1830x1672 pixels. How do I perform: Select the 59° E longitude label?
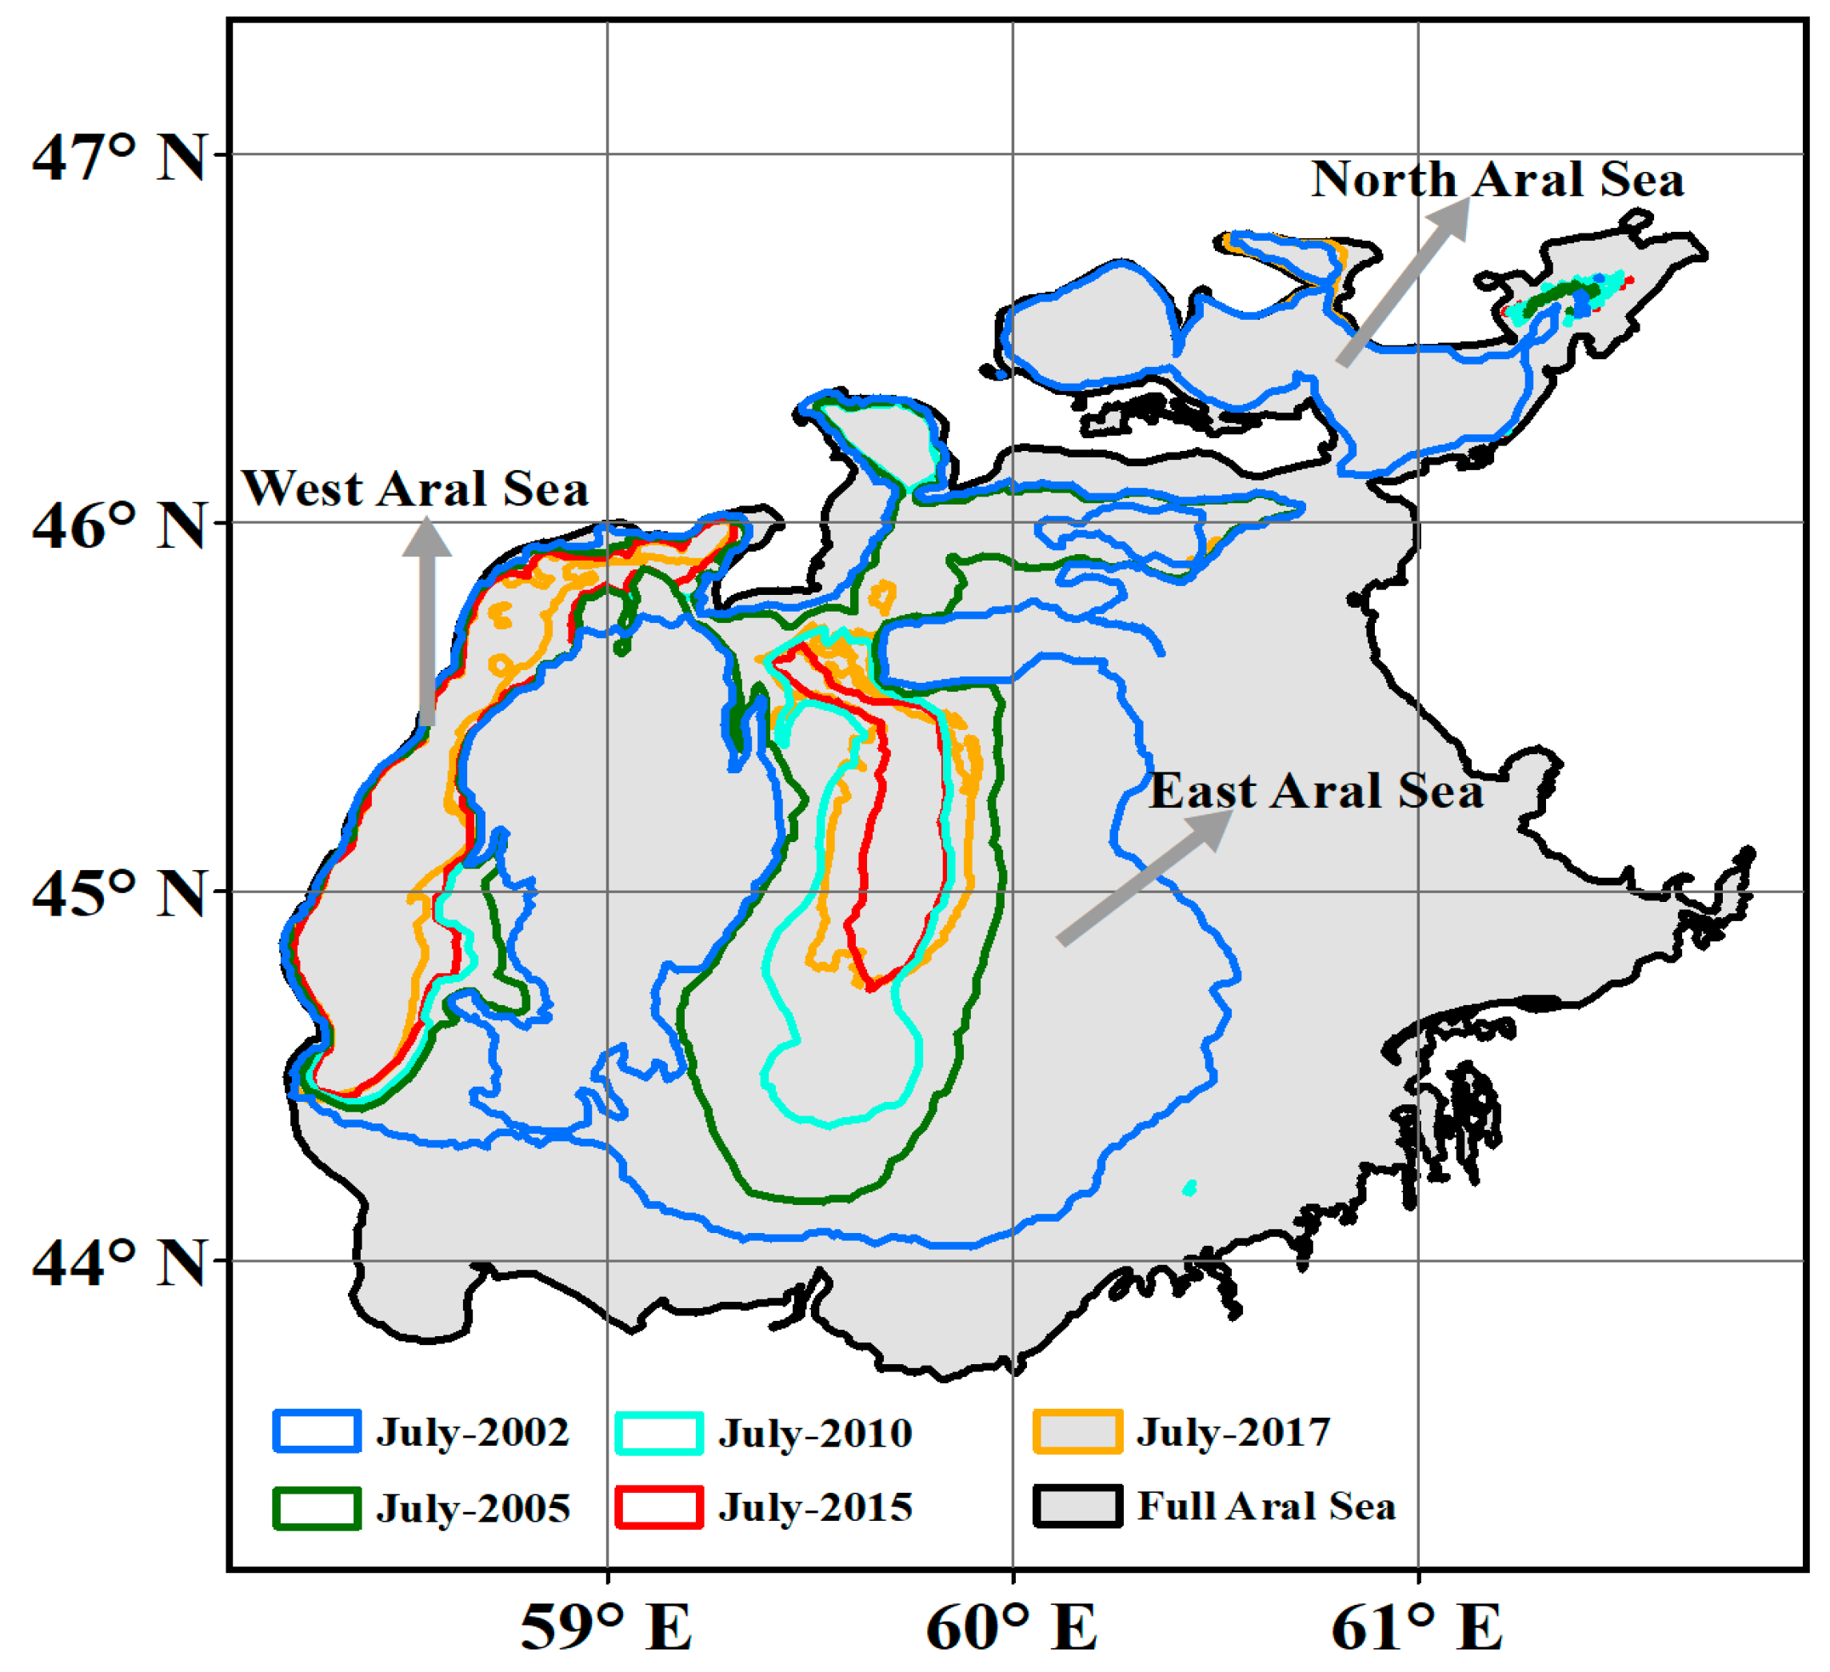[x=605, y=1626]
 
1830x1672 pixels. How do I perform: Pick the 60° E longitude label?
[x=1011, y=1626]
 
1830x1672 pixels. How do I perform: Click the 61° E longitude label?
[x=1417, y=1626]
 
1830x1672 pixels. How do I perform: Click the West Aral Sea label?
[x=415, y=489]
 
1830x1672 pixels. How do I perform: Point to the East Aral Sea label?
[x=1317, y=791]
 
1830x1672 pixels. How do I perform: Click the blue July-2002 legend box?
[x=317, y=1432]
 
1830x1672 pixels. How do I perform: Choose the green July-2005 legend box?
[x=317, y=1509]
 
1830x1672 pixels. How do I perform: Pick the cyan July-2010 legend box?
[x=659, y=1433]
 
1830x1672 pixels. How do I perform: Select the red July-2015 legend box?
[x=659, y=1508]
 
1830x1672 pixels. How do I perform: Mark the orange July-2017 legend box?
[x=1077, y=1432]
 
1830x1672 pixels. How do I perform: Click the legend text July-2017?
[x=1233, y=1432]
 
